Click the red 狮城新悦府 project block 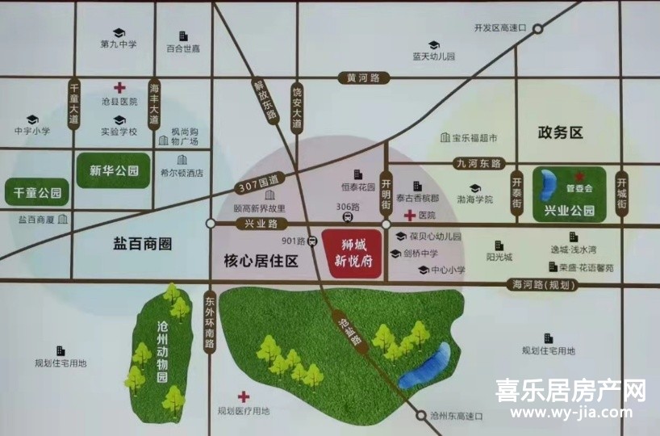pos(351,254)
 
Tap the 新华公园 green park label pos(114,171)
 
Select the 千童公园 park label pos(37,193)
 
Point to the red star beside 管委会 pos(578,176)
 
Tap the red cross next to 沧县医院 pos(119,87)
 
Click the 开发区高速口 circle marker pos(535,28)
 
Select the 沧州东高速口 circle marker pos(422,416)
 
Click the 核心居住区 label pos(261,260)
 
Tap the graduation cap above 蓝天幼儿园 pos(433,45)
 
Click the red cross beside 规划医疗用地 pos(243,396)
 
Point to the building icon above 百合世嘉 pos(183,36)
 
